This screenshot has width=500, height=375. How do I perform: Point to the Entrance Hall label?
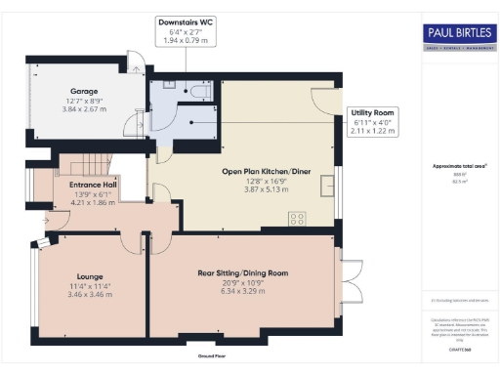92,183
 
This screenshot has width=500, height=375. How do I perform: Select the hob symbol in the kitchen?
296,218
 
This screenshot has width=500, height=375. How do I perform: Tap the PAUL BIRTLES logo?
454,36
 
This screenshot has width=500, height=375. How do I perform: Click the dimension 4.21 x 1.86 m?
92,202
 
